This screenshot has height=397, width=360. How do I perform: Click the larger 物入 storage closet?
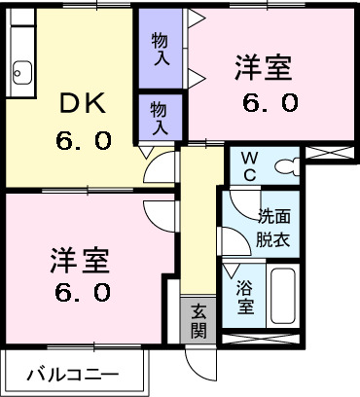[161, 50]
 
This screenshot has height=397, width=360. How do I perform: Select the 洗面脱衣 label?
[273, 226]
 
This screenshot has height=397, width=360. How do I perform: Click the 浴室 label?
[245, 295]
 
